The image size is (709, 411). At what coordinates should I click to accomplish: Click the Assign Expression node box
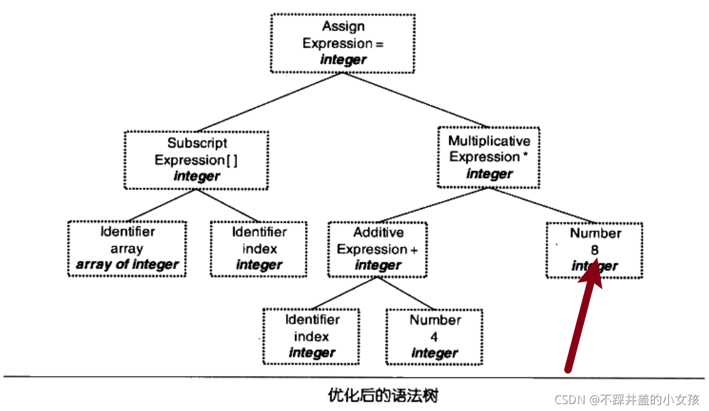(x=342, y=43)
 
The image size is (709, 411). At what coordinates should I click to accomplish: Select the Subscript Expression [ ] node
(x=196, y=160)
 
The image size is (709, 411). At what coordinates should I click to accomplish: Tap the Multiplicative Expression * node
(x=489, y=157)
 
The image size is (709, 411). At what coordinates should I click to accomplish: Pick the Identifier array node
(x=127, y=249)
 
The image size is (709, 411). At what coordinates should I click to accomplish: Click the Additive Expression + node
(x=378, y=249)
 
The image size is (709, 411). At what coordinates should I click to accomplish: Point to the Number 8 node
(x=595, y=249)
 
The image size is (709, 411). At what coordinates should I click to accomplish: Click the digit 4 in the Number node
(x=434, y=337)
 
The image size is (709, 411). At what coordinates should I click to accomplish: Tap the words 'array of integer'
(x=127, y=265)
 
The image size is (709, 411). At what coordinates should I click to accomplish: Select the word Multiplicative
(x=489, y=141)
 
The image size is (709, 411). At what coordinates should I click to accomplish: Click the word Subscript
(x=197, y=144)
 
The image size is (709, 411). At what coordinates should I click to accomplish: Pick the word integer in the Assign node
(x=343, y=60)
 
